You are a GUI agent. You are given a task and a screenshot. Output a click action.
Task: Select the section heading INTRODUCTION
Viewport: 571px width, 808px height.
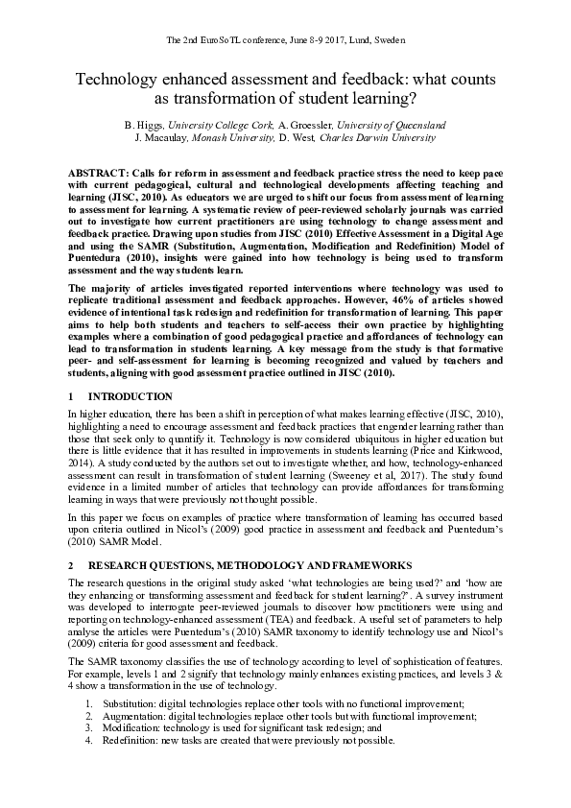[131, 396]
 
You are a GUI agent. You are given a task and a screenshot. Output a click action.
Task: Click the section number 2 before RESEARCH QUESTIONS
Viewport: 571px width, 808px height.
[72, 565]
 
